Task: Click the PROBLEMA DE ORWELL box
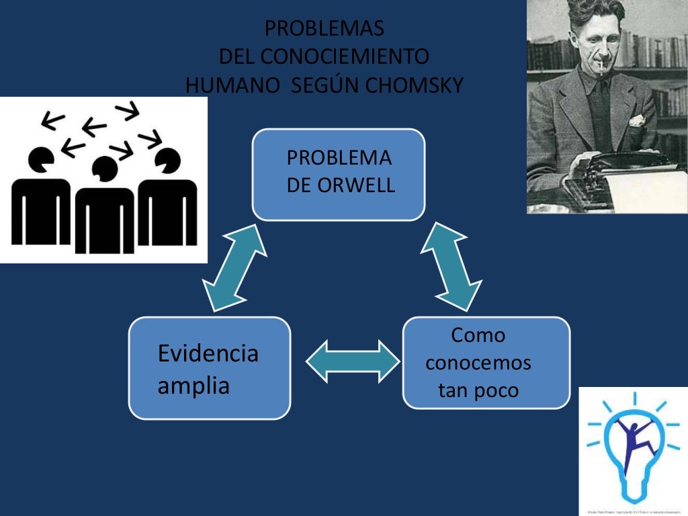[x=339, y=174]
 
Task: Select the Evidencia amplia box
[x=210, y=368]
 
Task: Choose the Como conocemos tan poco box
[x=486, y=363]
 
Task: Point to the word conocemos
[x=478, y=363]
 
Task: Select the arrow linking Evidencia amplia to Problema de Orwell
[x=235, y=267]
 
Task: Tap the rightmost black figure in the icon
[x=167, y=202]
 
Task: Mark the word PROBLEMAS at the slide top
[x=325, y=29]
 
